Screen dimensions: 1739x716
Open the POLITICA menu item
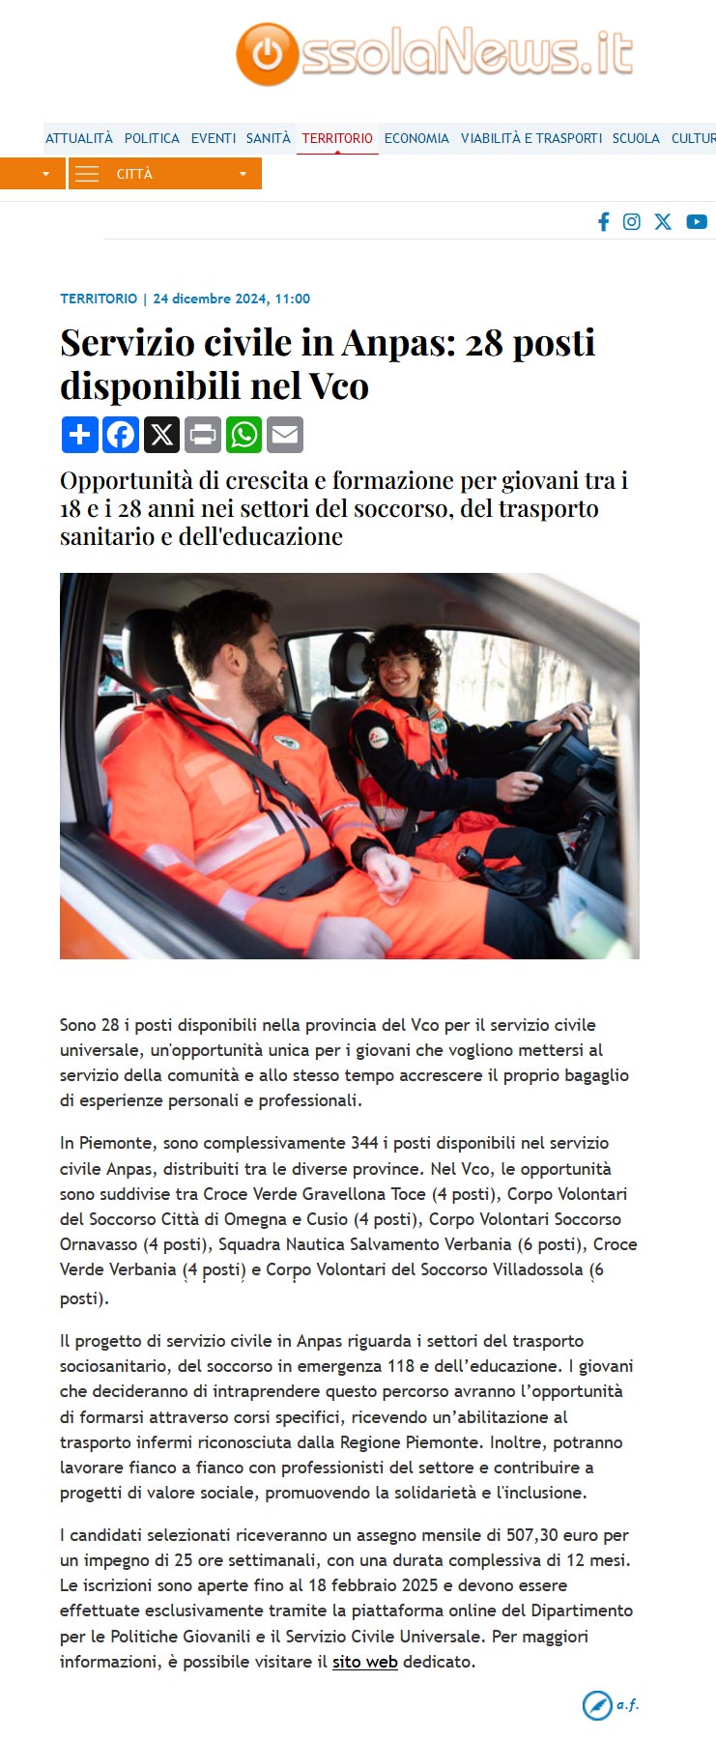[x=152, y=138]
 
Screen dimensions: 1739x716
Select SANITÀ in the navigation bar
[x=268, y=138]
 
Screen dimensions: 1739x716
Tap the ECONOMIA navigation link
[x=416, y=138]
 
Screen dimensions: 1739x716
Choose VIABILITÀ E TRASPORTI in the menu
[x=530, y=138]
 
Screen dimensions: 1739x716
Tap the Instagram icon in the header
[x=632, y=222]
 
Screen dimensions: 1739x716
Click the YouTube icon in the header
[x=697, y=222]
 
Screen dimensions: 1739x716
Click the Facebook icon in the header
[x=604, y=222]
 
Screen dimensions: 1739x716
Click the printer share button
[x=203, y=435]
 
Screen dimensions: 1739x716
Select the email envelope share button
[x=285, y=435]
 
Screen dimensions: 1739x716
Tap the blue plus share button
[x=79, y=435]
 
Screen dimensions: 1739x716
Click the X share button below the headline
[x=161, y=435]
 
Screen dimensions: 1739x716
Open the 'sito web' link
[x=365, y=1662]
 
